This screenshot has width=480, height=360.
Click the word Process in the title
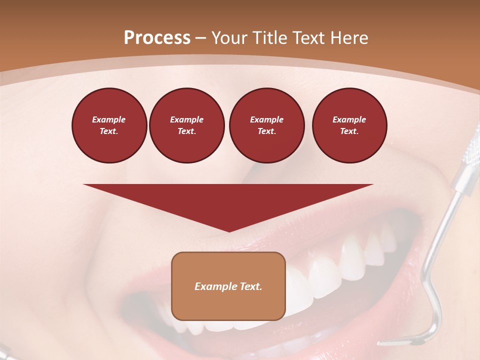(x=157, y=37)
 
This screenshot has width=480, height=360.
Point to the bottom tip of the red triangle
(x=228, y=231)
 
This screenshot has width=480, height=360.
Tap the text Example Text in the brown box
(x=228, y=286)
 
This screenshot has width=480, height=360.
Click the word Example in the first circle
(x=109, y=119)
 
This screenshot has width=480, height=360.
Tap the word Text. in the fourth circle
(x=349, y=131)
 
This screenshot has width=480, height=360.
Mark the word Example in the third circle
(x=266, y=119)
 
